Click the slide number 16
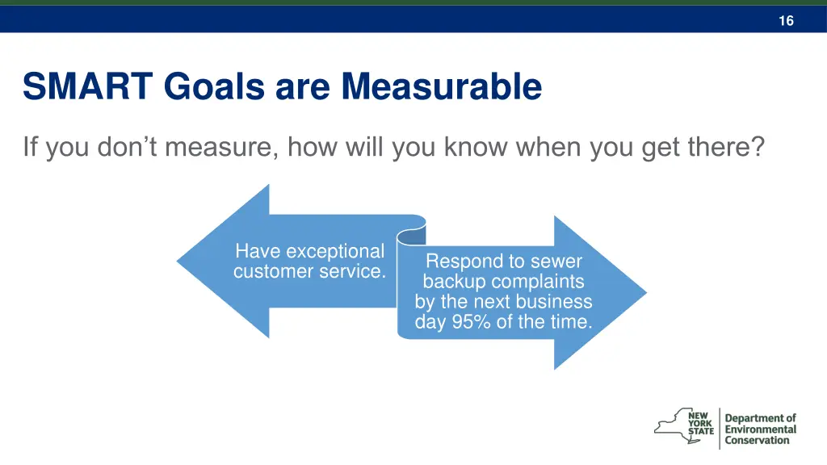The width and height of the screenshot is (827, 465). (x=786, y=21)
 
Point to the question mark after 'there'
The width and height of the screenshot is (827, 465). (x=756, y=148)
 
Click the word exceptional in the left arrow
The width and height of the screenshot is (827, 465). (x=334, y=252)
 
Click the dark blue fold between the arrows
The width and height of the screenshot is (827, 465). (x=413, y=234)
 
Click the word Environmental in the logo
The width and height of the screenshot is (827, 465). (x=760, y=429)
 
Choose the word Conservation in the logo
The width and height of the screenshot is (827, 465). (x=757, y=441)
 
